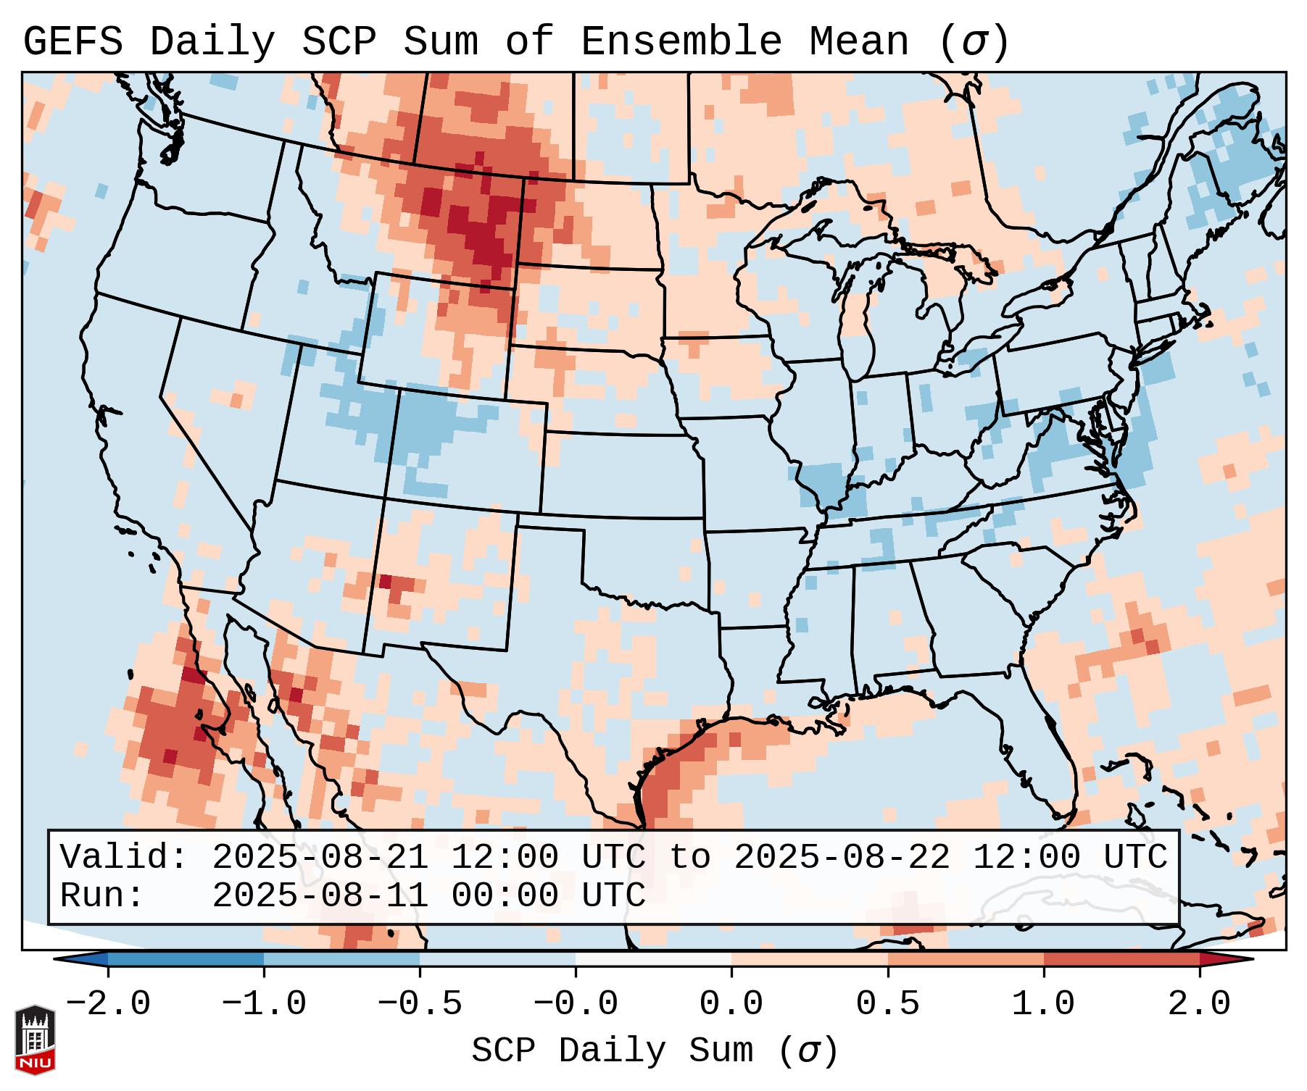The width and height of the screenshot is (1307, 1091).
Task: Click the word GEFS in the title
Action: (x=72, y=42)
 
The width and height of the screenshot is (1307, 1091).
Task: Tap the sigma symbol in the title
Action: (x=974, y=42)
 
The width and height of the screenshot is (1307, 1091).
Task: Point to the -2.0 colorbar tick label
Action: (x=108, y=1004)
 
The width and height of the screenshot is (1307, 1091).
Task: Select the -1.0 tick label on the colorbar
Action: (x=264, y=1004)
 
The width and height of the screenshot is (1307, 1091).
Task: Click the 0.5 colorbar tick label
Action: (x=887, y=1004)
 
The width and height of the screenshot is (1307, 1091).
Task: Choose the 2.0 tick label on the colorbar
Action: (x=1199, y=1004)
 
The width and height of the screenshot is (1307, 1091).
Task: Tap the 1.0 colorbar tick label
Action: (x=1043, y=1004)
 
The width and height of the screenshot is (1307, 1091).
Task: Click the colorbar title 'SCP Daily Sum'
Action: (x=612, y=1051)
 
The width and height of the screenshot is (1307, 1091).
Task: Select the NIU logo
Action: (x=35, y=1039)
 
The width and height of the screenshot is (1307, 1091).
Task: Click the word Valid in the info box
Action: (x=123, y=857)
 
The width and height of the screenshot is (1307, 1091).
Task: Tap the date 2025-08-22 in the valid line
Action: (x=842, y=857)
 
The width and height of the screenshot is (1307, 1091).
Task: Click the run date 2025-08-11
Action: (x=320, y=895)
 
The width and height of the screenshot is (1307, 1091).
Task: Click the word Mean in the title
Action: (x=859, y=42)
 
